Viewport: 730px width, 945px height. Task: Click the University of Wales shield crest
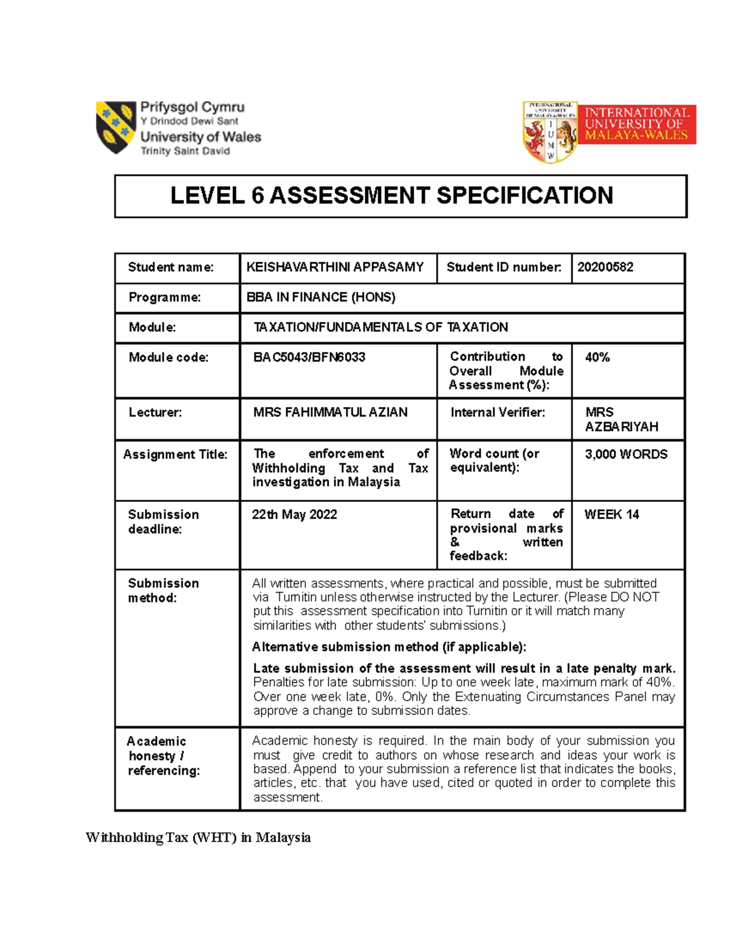point(116,127)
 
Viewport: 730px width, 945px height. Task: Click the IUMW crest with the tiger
point(551,132)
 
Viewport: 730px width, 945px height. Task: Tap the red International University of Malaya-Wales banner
point(636,124)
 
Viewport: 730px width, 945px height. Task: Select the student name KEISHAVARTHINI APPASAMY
point(335,267)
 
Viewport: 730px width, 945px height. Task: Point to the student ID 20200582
point(605,267)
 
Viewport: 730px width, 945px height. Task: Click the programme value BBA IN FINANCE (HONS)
point(321,297)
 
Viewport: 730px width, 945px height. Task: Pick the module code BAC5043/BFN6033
point(309,357)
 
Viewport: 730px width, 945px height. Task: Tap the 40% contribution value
point(597,357)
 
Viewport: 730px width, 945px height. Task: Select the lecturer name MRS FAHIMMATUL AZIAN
point(330,412)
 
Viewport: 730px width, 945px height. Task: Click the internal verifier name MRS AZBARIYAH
point(621,419)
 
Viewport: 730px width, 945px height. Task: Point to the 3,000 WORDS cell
point(626,454)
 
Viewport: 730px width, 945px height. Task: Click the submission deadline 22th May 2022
point(294,514)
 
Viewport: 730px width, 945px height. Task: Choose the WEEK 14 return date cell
point(611,514)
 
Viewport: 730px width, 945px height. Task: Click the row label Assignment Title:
point(175,454)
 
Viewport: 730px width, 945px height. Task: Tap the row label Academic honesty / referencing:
point(163,756)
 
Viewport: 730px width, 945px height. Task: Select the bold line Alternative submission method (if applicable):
point(389,647)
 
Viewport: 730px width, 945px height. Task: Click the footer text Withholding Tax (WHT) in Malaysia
point(198,837)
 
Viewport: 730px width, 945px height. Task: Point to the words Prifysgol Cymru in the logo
point(192,107)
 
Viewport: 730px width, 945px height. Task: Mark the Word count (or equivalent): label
point(494,460)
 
